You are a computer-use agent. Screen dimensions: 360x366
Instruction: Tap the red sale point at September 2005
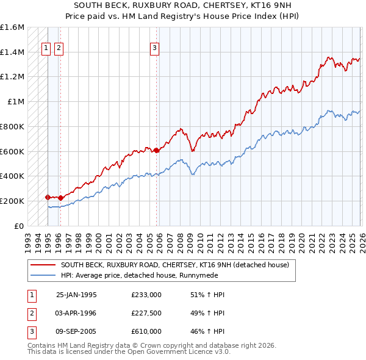156,150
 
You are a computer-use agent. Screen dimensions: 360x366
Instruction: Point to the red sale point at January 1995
48,197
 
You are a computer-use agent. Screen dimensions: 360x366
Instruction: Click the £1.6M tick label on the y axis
12,27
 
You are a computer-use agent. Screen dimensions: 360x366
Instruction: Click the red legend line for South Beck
43,265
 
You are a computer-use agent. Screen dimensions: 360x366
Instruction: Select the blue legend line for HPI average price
43,275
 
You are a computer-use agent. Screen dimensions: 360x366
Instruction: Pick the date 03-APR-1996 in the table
76,313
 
